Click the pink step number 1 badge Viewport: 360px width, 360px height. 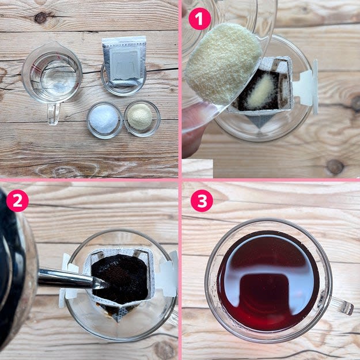click(199, 19)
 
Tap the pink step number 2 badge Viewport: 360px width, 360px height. click(17, 200)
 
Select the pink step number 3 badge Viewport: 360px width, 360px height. click(202, 200)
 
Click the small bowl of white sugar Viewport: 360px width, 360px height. click(104, 120)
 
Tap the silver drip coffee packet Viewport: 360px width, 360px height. click(124, 62)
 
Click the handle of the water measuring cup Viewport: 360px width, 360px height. click(54, 114)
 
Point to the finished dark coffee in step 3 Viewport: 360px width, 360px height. click(268, 281)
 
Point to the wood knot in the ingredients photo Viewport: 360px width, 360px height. click(41, 18)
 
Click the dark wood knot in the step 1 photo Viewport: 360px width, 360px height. click(335, 166)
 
